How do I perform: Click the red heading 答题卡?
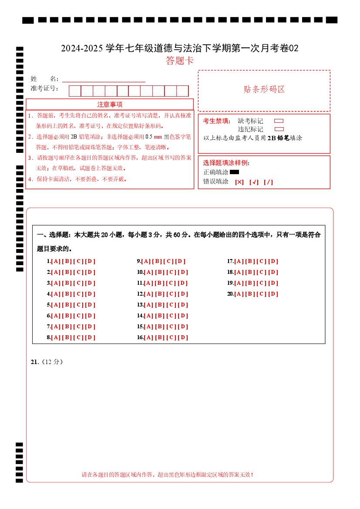point(180,61)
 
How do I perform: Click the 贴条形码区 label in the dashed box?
point(264,90)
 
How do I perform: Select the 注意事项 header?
point(110,104)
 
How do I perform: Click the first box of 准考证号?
point(75,91)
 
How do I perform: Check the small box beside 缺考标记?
point(279,121)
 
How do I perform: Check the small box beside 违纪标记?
point(279,129)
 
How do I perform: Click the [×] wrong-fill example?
point(239,182)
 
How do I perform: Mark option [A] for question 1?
point(56,261)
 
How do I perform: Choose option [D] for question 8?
point(90,337)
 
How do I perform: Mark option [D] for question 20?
point(273,294)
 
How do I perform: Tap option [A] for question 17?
point(239,261)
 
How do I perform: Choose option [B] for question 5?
point(67,305)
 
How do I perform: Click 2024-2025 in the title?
point(82,48)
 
